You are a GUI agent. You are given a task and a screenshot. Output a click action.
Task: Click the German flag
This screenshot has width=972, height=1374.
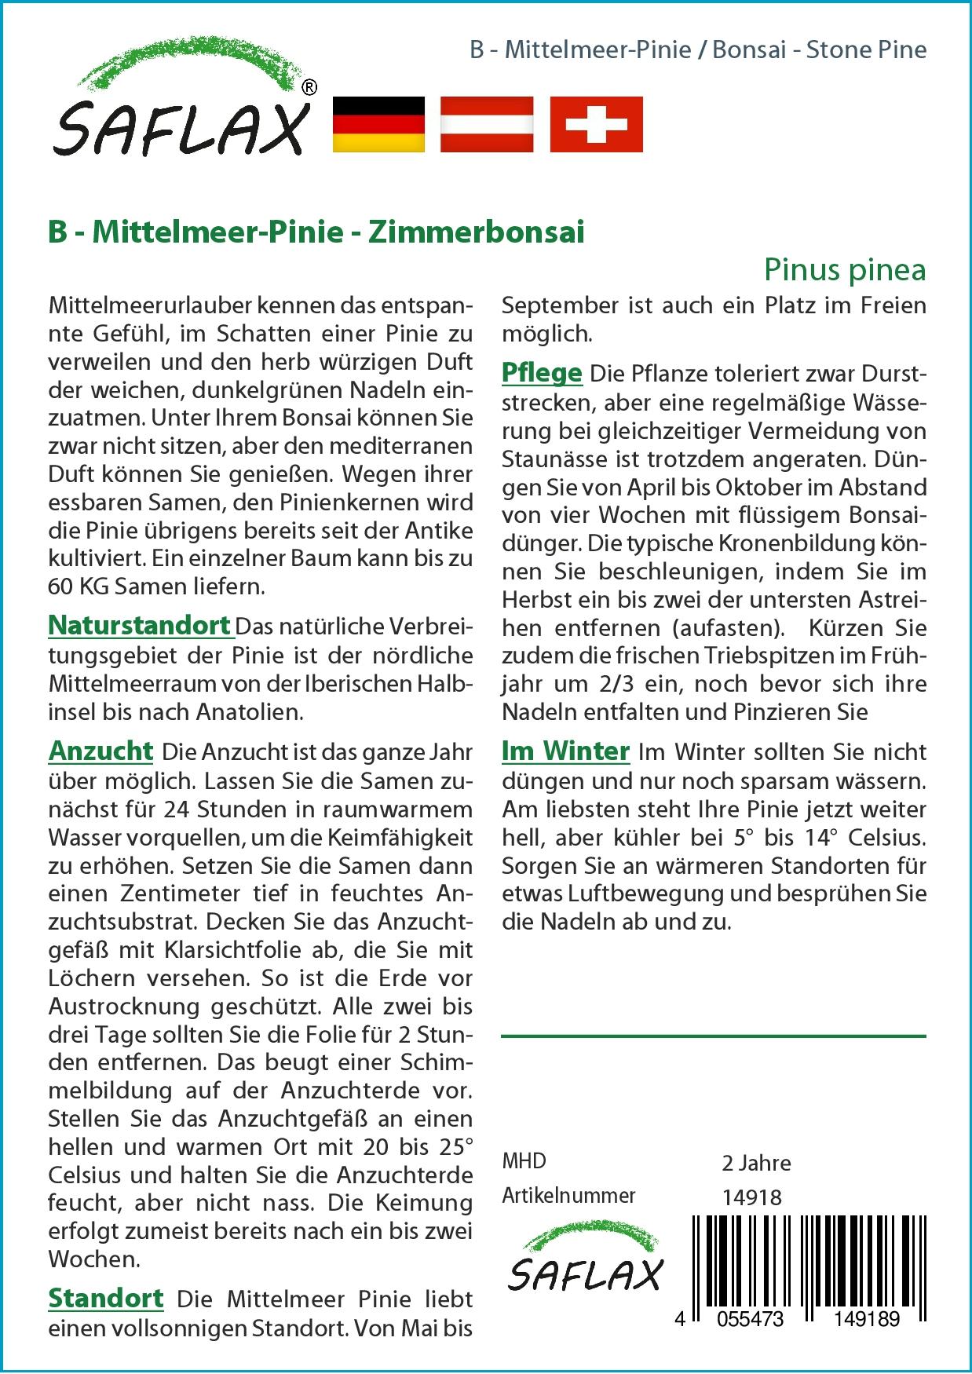379,124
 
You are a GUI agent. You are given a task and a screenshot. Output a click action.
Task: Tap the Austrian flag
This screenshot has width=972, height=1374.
487,124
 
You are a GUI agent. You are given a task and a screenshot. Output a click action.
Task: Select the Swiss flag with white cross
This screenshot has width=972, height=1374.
596,124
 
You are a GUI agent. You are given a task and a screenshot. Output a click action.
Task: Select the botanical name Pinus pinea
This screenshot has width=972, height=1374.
845,270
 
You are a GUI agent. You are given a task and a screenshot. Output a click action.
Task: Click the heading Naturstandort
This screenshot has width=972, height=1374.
140,626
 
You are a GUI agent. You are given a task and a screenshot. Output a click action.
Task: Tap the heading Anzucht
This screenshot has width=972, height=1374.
100,751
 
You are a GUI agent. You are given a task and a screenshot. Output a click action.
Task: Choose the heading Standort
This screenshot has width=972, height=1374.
106,1299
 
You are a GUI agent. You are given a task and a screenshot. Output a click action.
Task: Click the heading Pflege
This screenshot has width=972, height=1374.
542,374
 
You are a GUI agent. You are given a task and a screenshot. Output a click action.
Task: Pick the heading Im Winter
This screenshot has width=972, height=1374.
565,751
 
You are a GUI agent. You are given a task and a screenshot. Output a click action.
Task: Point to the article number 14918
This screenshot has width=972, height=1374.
751,1197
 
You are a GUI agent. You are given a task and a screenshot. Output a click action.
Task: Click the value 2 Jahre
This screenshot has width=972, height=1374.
756,1163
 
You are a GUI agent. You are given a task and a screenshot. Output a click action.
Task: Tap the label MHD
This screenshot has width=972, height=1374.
524,1161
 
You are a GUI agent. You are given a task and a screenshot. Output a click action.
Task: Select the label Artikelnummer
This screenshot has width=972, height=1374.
568,1196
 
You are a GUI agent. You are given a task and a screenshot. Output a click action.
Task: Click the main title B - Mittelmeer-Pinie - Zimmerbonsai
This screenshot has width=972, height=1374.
316,233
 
